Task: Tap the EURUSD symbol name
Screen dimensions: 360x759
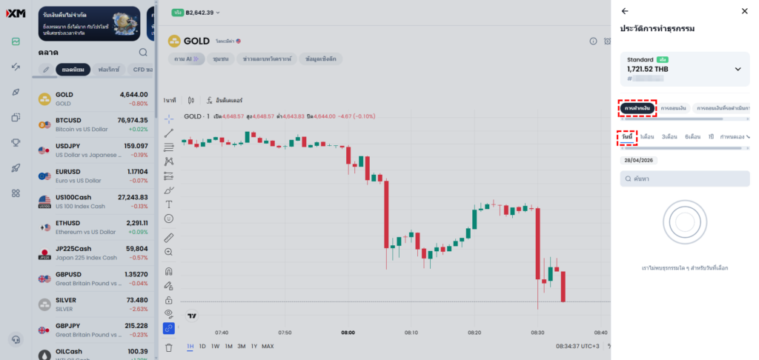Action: [x=68, y=172]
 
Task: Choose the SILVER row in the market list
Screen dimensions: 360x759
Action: [x=93, y=304]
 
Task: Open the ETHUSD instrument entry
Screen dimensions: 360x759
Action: [x=93, y=227]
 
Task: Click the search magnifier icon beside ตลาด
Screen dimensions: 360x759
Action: [x=143, y=53]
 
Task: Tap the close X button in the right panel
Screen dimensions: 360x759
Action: [x=744, y=11]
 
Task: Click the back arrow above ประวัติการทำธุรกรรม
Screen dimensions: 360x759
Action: [x=625, y=11]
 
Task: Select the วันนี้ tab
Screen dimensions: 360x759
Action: [x=627, y=137]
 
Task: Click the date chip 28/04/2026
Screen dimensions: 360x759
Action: [x=638, y=160]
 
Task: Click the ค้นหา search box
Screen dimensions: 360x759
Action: [x=685, y=179]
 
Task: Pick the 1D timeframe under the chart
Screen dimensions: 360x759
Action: [x=202, y=346]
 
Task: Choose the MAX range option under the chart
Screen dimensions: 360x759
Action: [x=268, y=346]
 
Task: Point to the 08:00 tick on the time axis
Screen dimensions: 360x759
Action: [x=348, y=333]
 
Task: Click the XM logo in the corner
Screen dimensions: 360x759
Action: [x=16, y=13]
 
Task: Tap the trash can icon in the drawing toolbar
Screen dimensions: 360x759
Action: [x=169, y=347]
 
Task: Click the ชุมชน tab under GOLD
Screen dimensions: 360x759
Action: [x=219, y=59]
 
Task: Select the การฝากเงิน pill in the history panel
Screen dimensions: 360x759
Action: [x=637, y=109]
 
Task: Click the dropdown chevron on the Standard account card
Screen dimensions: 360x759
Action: [x=738, y=69]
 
